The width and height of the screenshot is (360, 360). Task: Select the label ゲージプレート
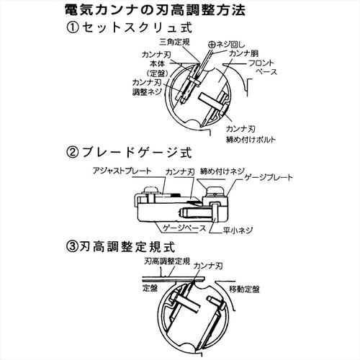[x=269, y=176]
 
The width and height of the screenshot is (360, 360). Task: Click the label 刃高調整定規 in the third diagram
[x=166, y=264]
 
